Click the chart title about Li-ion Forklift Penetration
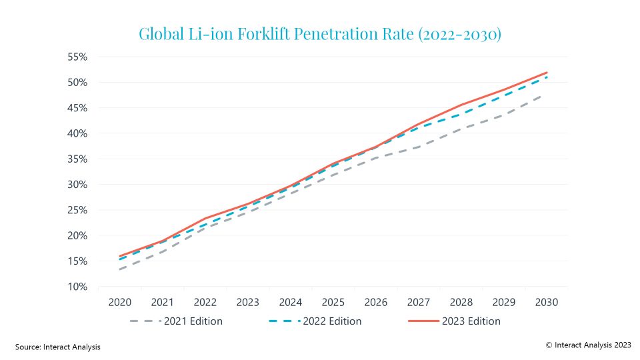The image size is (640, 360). click(x=319, y=33)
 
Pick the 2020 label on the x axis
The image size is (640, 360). click(x=120, y=303)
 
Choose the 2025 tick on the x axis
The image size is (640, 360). click(x=333, y=303)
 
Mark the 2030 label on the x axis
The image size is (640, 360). click(x=547, y=303)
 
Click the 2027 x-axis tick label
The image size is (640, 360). click(x=419, y=303)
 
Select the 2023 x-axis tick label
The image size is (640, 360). click(x=248, y=303)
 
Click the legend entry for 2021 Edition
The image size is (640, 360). click(x=193, y=321)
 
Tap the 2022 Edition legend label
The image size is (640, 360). click(x=332, y=321)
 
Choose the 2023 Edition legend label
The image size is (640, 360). click(x=471, y=321)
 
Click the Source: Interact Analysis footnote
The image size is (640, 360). click(x=58, y=347)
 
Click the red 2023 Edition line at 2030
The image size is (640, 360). click(x=547, y=73)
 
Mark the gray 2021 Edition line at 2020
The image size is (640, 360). click(x=120, y=269)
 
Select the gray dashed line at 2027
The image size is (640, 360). click(x=419, y=147)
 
